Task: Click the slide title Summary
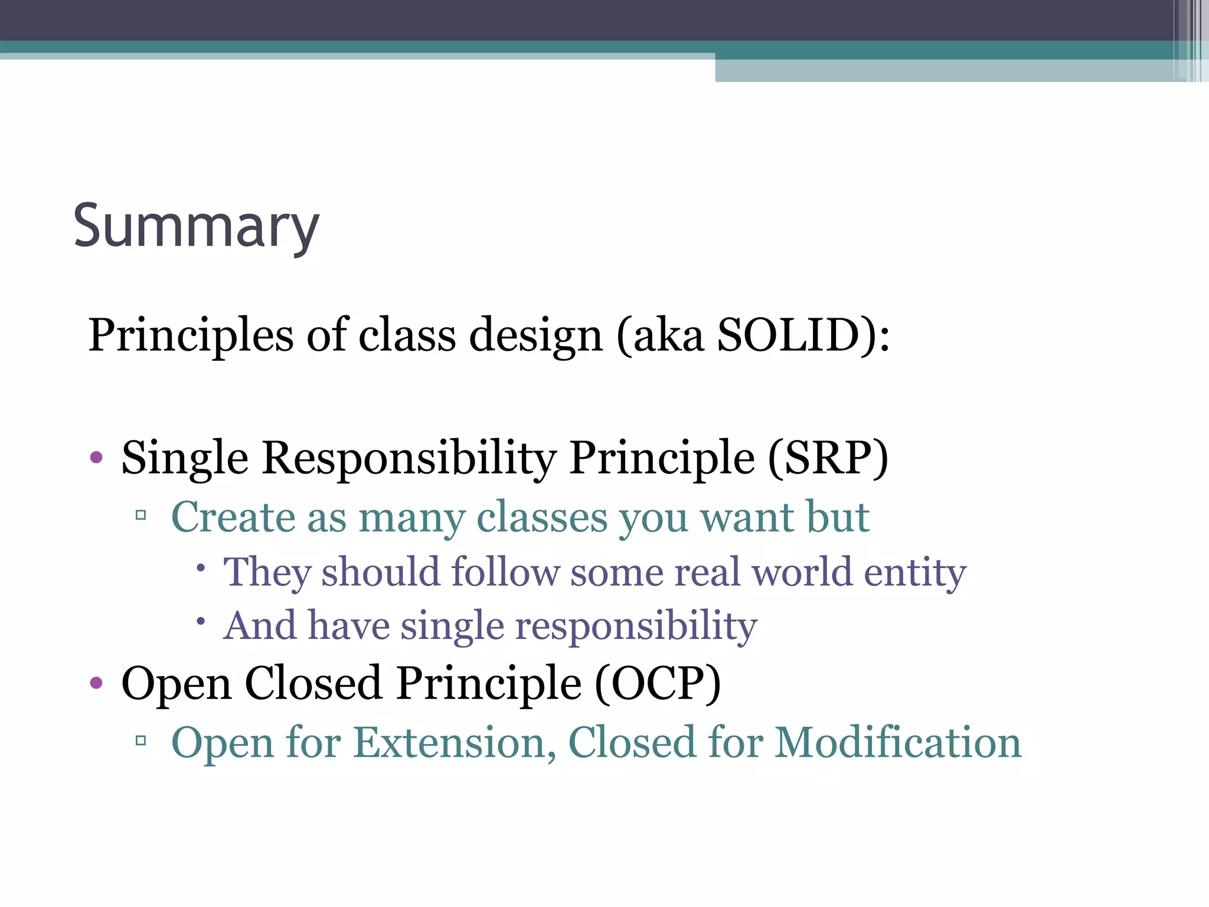[196, 227]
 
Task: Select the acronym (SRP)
[828, 458]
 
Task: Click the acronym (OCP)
[658, 683]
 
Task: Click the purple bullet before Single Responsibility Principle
[96, 458]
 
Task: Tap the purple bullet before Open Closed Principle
[96, 684]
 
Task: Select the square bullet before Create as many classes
[140, 516]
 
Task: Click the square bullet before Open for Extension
[140, 740]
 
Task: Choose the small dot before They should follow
[201, 568]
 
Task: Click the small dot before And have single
[201, 621]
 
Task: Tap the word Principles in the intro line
[191, 335]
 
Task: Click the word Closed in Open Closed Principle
[313, 683]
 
